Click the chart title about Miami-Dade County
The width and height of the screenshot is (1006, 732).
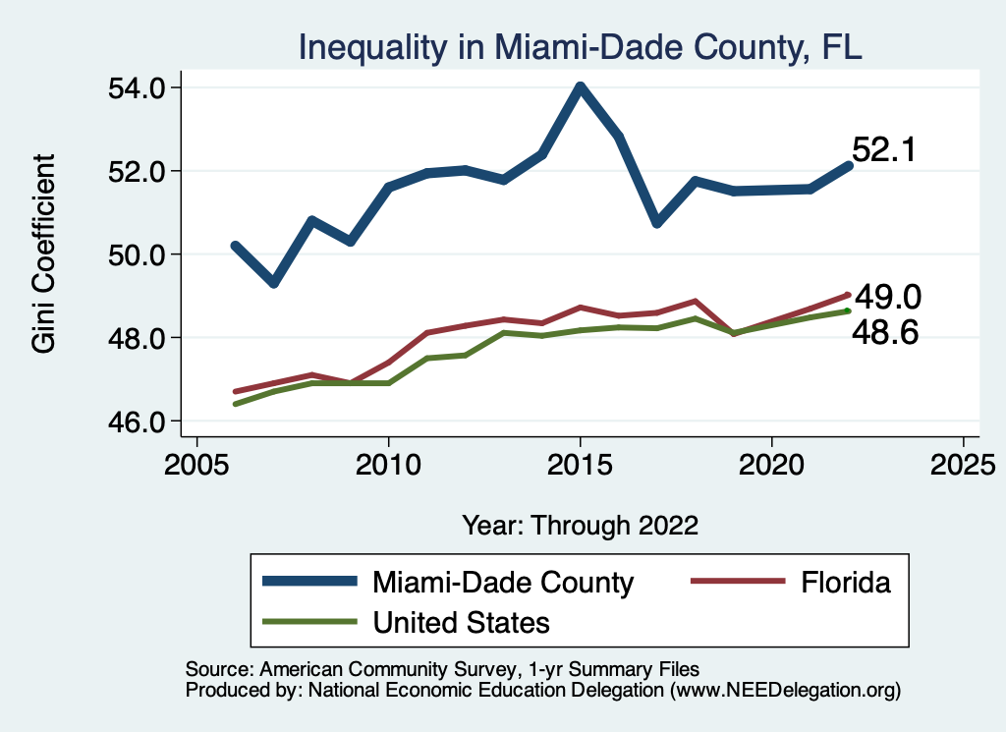[x=580, y=47]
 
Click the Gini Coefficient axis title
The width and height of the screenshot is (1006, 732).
[x=44, y=253]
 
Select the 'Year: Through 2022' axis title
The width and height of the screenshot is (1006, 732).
[x=580, y=525]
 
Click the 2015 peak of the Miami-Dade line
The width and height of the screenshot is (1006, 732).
[x=580, y=86]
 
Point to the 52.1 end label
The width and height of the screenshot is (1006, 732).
[x=884, y=150]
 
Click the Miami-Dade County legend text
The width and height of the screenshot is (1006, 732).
[x=503, y=582]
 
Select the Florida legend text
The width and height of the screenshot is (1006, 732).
[x=846, y=582]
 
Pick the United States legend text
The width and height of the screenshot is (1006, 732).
[x=461, y=621]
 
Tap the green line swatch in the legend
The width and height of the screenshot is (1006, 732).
[x=309, y=621]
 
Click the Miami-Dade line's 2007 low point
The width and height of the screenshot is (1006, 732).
[x=274, y=283]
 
